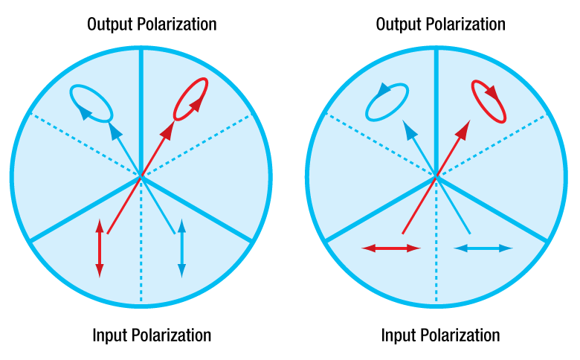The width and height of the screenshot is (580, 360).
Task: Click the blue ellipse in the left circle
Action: pyautogui.click(x=91, y=103)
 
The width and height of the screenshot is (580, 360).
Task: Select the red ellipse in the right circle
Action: pyautogui.click(x=489, y=101)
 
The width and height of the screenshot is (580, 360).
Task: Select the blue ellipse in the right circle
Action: pyautogui.click(x=386, y=101)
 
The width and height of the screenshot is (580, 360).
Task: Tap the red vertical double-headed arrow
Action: pyautogui.click(x=99, y=248)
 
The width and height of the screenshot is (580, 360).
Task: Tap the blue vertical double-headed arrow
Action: pyautogui.click(x=181, y=250)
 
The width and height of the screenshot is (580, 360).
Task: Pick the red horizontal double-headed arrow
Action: pyautogui.click(x=391, y=248)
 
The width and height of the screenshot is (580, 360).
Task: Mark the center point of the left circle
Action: pyautogui.click(x=141, y=176)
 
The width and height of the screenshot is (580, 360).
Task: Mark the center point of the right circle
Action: pyautogui.click(x=436, y=176)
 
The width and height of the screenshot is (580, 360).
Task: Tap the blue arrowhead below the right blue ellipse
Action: pyautogui.click(x=408, y=131)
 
